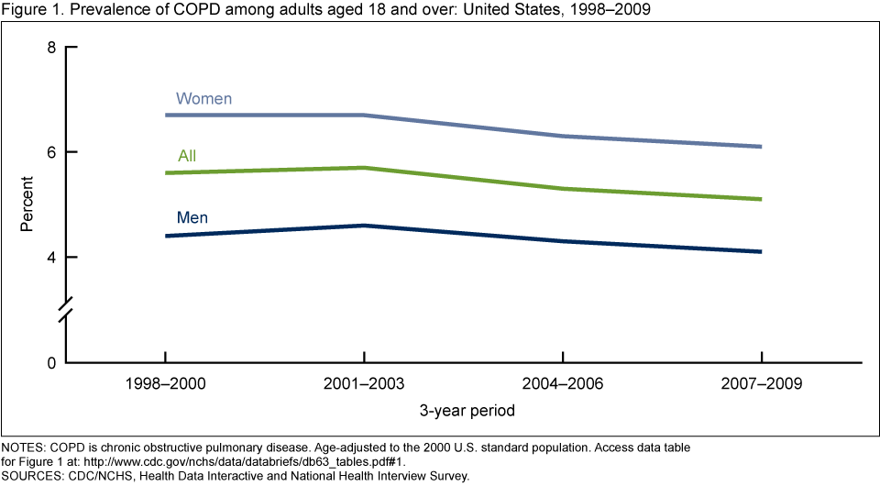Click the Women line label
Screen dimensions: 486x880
pos(203,98)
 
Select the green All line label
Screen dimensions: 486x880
pos(187,157)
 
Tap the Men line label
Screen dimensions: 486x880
pos(192,218)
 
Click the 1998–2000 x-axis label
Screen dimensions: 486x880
pos(165,385)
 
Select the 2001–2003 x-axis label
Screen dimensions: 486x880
pos(364,385)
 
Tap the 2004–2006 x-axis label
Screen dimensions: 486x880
pos(563,385)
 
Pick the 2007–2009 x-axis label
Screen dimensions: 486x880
pos(762,385)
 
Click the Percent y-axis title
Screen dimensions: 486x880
pos(27,205)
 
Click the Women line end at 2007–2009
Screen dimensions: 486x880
pos(762,147)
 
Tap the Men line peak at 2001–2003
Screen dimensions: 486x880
pos(364,226)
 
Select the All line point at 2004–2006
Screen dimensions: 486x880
pos(563,189)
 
